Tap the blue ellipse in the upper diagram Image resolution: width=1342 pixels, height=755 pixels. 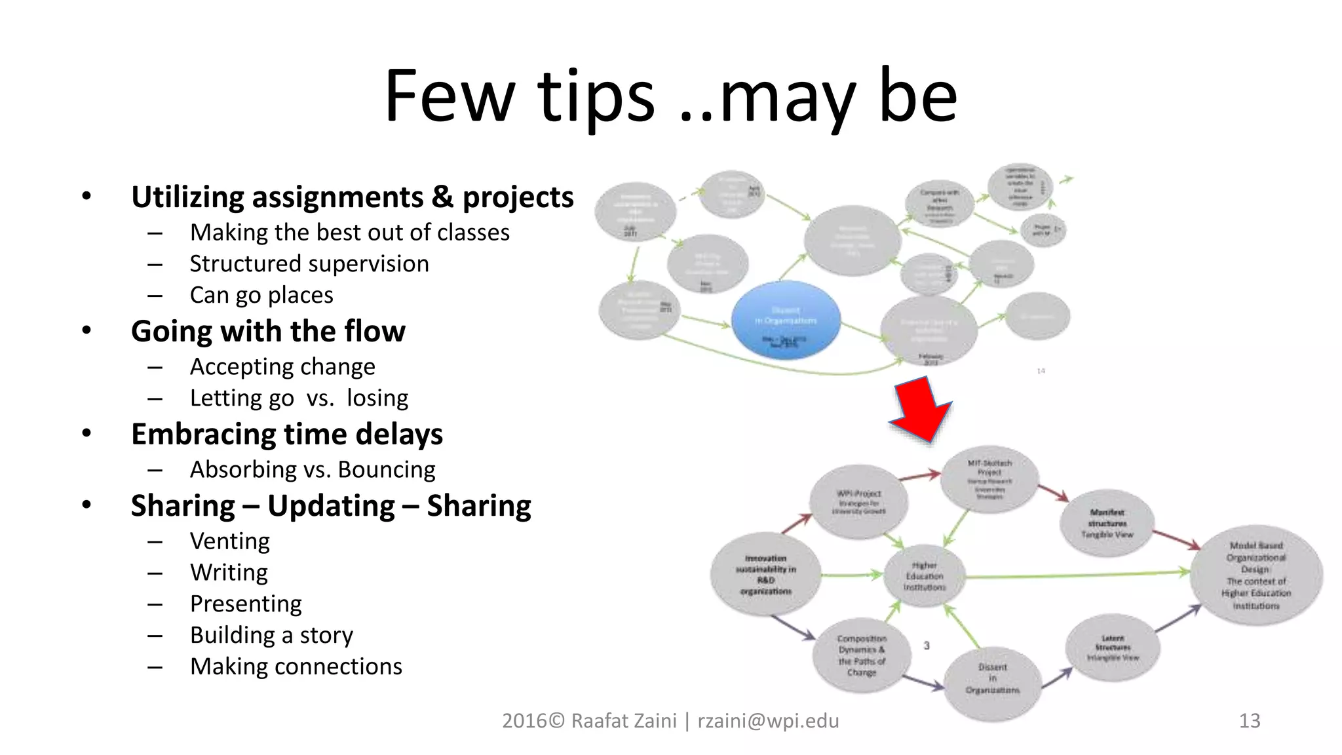pyautogui.click(x=786, y=320)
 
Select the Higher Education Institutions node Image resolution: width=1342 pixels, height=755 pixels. pyautogui.click(x=925, y=576)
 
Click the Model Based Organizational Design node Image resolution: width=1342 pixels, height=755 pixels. pyautogui.click(x=1256, y=575)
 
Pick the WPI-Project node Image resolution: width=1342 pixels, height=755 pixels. pyautogui.click(x=859, y=502)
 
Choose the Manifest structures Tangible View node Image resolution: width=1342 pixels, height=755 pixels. pyautogui.click(x=1107, y=523)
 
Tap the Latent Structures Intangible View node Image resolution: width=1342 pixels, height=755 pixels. pyautogui.click(x=1113, y=648)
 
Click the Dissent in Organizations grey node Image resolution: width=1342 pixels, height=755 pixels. pyautogui.click(x=992, y=678)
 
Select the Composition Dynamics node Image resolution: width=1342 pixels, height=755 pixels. pyautogui.click(x=862, y=655)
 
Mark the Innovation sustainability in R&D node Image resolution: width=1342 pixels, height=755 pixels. pyautogui.click(x=765, y=575)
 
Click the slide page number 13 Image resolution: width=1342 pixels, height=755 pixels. pyautogui.click(x=1250, y=721)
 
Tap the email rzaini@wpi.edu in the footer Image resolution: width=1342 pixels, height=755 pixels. pyautogui.click(x=768, y=721)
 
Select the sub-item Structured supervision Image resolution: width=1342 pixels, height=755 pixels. pyautogui.click(x=309, y=264)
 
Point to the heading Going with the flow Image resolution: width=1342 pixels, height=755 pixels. pyautogui.click(x=268, y=331)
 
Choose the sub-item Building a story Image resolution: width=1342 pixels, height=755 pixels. pyautogui.click(x=271, y=635)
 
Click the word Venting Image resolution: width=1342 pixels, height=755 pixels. pyautogui.click(x=230, y=541)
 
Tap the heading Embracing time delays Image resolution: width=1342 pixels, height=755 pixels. pyautogui.click(x=287, y=434)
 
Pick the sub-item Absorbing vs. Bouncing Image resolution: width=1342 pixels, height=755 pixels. pyautogui.click(x=313, y=470)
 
